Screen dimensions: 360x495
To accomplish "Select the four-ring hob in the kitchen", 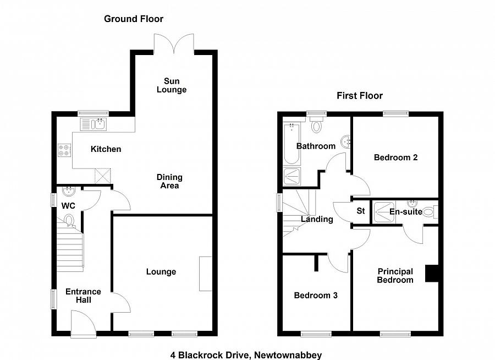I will point(64,150).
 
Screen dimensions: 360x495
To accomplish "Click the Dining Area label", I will point(169,181).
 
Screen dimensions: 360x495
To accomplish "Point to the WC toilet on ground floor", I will point(69,221).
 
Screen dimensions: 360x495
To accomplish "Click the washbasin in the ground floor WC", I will point(69,192).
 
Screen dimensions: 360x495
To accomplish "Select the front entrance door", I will point(83,323).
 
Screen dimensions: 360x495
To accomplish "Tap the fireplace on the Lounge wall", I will point(205,274).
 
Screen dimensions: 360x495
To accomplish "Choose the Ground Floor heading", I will point(134,19).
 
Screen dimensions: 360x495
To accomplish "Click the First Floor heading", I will point(360,96).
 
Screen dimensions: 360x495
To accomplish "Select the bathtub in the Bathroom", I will point(291,144).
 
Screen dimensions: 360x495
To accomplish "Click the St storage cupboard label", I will point(361,211).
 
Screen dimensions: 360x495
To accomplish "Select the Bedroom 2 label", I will point(395,157).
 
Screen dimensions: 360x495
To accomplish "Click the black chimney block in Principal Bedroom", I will point(431,274).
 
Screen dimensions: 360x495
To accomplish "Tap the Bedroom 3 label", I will point(316,296).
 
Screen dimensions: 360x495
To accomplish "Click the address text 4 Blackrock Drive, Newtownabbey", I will point(245,355).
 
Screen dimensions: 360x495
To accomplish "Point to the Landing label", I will point(317,219).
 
